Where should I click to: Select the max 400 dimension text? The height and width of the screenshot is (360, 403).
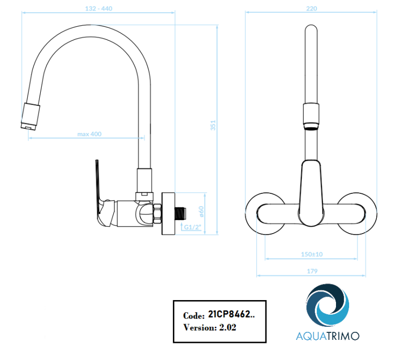point(89,134)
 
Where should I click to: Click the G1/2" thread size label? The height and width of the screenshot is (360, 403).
point(192,227)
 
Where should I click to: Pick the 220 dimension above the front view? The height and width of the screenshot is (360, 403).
point(312,8)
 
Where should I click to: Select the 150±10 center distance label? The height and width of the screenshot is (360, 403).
point(312,254)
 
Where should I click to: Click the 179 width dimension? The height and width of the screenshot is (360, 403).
point(312,271)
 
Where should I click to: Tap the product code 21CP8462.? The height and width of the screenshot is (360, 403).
point(231,315)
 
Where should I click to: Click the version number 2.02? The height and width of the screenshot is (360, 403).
point(228,327)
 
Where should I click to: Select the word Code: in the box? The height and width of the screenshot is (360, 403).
point(193,316)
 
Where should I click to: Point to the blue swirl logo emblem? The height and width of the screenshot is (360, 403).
point(328,305)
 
